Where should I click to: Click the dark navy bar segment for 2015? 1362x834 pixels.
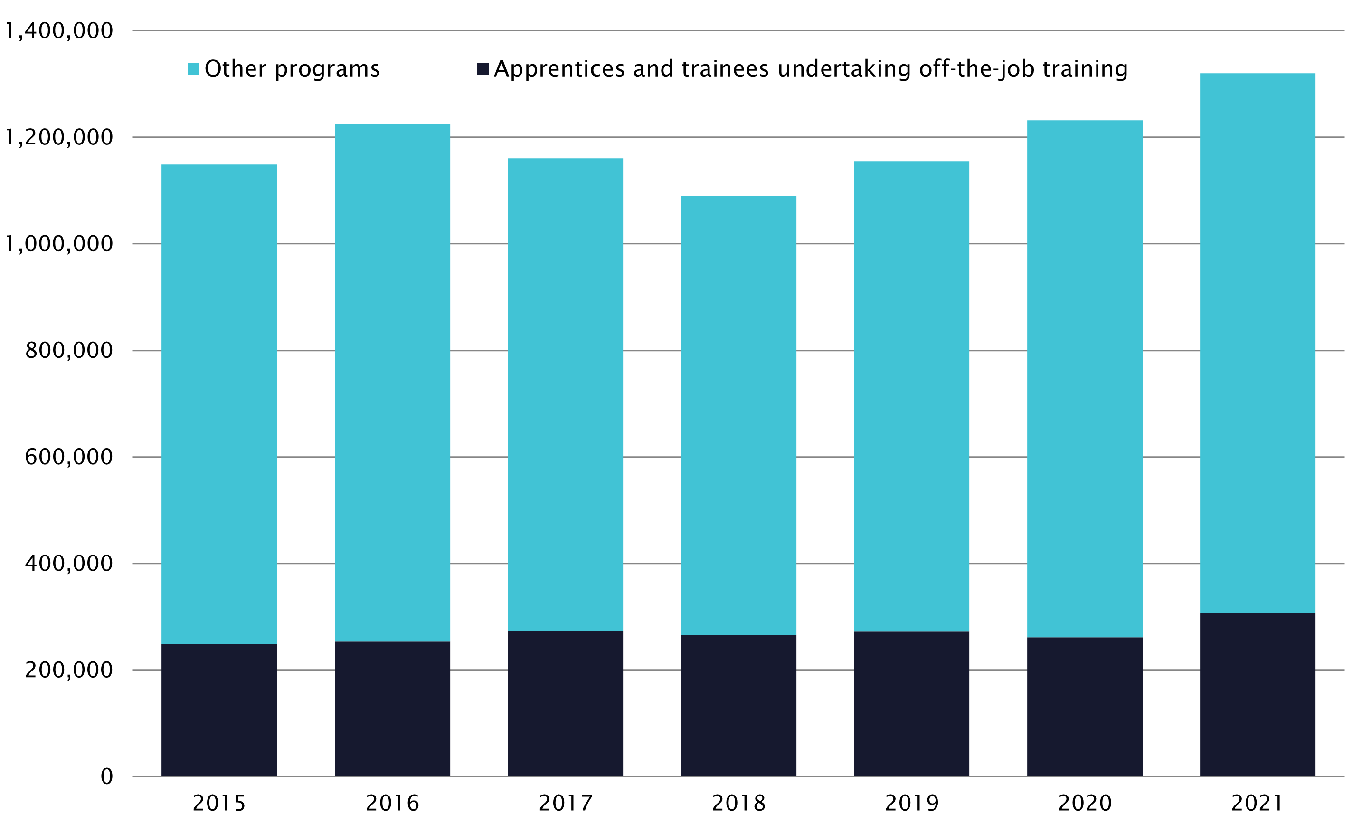(219, 710)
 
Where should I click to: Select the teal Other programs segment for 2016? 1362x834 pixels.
(392, 382)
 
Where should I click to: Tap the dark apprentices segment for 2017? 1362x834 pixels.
(565, 703)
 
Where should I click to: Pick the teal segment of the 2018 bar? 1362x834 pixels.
(738, 415)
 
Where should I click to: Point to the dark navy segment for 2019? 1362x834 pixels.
(911, 703)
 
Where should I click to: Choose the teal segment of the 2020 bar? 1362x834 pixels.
(1085, 379)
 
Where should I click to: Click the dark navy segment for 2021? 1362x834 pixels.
(1258, 694)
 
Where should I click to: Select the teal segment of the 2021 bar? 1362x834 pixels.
(1258, 343)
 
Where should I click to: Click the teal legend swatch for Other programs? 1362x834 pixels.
(193, 69)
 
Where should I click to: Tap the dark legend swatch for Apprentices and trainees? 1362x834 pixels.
(482, 69)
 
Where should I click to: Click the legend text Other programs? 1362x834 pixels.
(293, 69)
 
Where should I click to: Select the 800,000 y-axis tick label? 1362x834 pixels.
(69, 351)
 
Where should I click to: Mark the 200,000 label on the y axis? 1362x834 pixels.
(69, 671)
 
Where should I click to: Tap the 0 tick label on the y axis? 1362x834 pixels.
(107, 777)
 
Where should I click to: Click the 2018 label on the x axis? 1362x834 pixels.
(738, 804)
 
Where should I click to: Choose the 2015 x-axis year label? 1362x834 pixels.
(219, 804)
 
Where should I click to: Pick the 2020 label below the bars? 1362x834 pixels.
(1085, 804)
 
